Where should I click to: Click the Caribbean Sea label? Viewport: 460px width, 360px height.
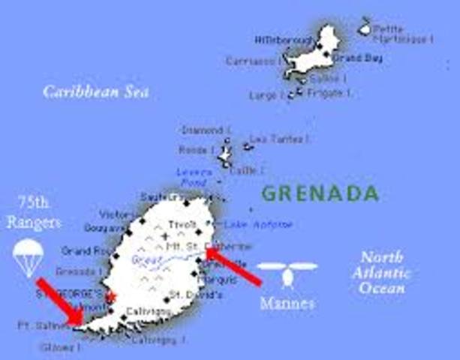[96, 91]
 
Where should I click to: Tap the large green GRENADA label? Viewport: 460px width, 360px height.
[320, 193]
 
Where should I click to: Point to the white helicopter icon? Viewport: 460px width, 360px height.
[287, 271]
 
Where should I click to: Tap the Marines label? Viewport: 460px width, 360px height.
[287, 304]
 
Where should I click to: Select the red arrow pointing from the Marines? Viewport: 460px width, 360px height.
[233, 267]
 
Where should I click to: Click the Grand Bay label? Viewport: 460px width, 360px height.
[347, 57]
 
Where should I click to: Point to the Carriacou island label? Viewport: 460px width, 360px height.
[254, 61]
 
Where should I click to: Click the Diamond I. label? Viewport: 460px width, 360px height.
[202, 130]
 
